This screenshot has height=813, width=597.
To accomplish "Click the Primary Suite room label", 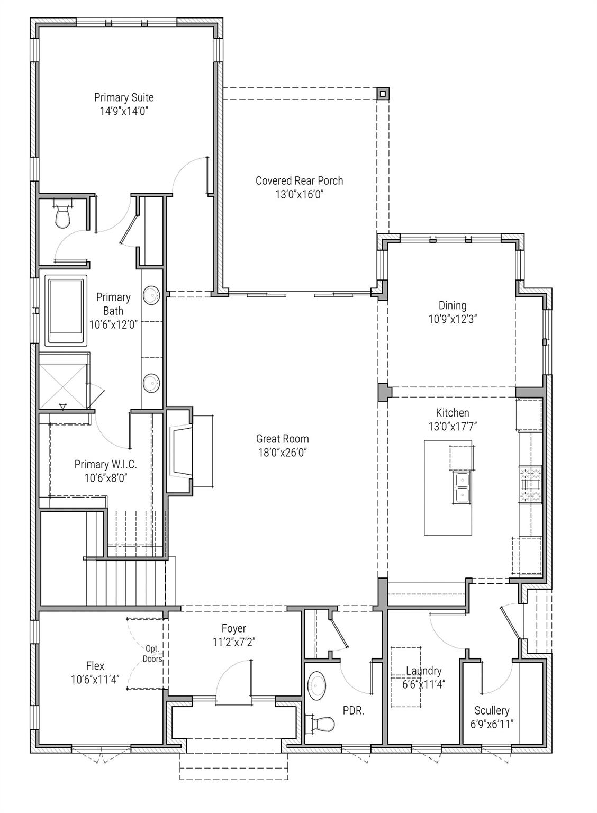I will point(124,97).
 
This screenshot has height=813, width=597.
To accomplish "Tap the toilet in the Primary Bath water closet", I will point(62,215).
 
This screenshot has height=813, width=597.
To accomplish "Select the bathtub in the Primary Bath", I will point(66,311).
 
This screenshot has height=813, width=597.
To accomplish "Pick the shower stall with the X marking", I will point(62,381).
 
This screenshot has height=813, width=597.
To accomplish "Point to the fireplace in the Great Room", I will point(180,452).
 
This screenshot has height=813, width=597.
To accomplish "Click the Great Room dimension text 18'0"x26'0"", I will point(282,453).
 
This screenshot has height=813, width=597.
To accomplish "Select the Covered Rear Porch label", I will point(299,181).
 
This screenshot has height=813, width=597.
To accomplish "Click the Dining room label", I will point(453,305).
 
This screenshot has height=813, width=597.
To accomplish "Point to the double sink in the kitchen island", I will point(462,487).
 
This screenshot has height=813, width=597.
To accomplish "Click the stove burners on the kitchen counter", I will point(531,484).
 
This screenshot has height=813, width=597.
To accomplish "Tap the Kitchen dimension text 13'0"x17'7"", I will point(453,426).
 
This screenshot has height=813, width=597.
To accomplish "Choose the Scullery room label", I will point(492,710).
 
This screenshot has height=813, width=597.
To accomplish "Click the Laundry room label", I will point(423,671).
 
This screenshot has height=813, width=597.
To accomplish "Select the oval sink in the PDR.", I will point(318,686).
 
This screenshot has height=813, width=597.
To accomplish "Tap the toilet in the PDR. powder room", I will point(320,724).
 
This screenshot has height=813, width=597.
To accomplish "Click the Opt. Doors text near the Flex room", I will point(152,654).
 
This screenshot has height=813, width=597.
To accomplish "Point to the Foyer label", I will point(233,628).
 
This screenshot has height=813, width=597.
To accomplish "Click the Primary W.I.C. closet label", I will point(105,464).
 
